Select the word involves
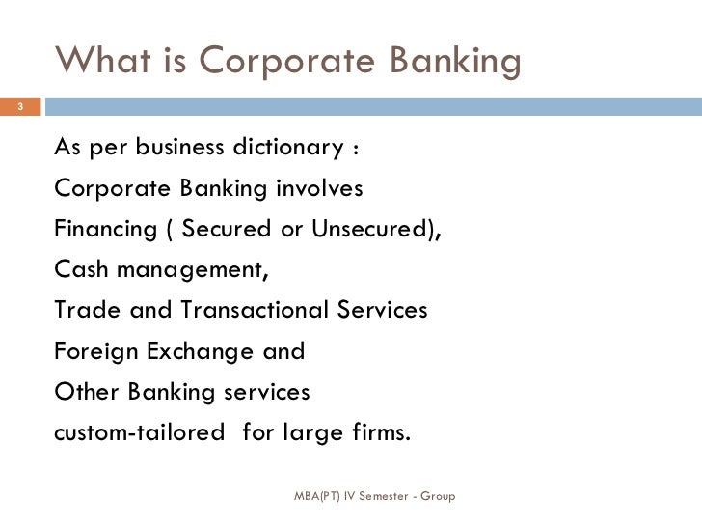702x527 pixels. click(320, 188)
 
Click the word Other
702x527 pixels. click(84, 393)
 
